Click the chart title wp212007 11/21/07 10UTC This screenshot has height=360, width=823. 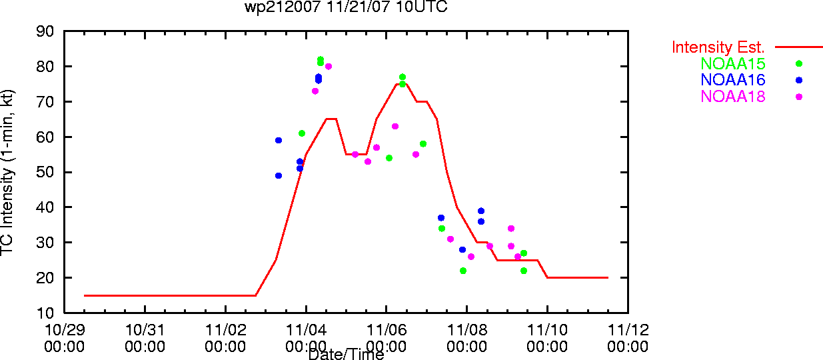(x=346, y=7)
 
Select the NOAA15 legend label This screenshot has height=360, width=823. (x=733, y=63)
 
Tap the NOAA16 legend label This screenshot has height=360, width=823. (x=733, y=80)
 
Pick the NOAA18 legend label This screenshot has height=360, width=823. (x=733, y=97)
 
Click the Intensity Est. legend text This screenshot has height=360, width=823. (x=718, y=47)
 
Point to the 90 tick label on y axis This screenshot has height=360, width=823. (x=45, y=31)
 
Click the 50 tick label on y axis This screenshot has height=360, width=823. (x=45, y=172)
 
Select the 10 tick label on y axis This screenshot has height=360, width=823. (x=45, y=313)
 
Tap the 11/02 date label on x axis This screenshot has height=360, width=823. (x=226, y=330)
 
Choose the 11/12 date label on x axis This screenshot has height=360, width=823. (x=628, y=330)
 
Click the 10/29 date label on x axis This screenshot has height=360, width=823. (x=65, y=330)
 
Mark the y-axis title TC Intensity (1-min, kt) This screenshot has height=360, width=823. (x=7, y=172)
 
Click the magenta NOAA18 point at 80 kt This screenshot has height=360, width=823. (x=329, y=67)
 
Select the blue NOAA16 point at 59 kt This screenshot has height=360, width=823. (x=279, y=141)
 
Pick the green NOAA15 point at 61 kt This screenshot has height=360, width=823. (x=302, y=133)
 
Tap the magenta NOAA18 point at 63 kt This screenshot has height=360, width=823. (x=395, y=127)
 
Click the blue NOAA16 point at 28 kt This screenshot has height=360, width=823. (x=462, y=250)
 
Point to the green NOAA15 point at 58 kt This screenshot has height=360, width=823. (x=423, y=144)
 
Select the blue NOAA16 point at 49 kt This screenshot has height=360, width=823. (x=279, y=176)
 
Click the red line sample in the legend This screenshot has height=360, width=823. (x=799, y=47)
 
